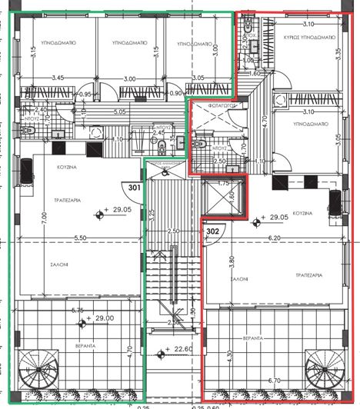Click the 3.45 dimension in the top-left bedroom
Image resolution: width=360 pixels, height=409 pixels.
57,78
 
